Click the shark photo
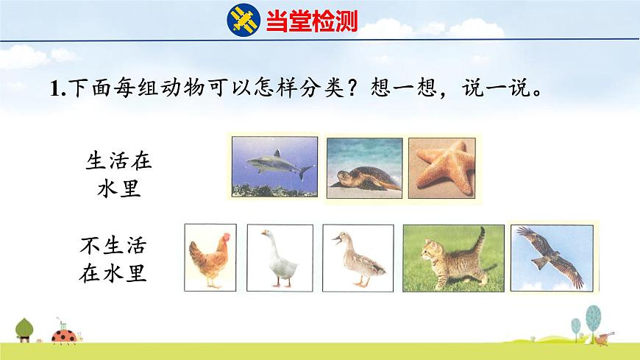pos(273,166)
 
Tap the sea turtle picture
pos(364,167)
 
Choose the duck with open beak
pos(355,258)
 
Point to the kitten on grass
pos(453,258)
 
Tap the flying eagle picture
pos(551,256)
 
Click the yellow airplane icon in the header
pos(243,20)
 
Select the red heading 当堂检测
pos(311,21)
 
